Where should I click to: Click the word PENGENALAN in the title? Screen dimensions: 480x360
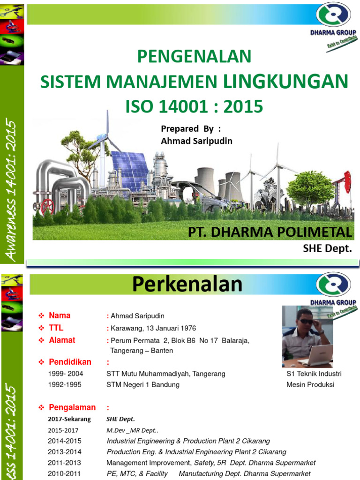(x=194, y=57)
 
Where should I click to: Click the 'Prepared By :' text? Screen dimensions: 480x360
(x=190, y=129)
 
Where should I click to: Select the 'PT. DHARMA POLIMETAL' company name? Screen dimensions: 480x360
(x=270, y=232)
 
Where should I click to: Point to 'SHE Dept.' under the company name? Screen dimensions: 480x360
(x=327, y=248)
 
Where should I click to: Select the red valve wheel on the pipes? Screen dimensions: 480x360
(x=47, y=205)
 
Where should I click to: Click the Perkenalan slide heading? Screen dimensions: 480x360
(x=187, y=285)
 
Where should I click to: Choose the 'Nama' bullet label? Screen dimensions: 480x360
(x=60, y=315)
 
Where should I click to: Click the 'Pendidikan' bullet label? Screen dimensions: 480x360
(x=70, y=362)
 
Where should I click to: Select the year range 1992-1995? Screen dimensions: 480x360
(x=64, y=385)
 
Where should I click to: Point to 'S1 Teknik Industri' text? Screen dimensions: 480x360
(x=314, y=374)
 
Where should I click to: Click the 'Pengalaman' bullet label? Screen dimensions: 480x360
(x=72, y=407)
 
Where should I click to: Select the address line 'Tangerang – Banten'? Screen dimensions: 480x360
(x=141, y=351)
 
